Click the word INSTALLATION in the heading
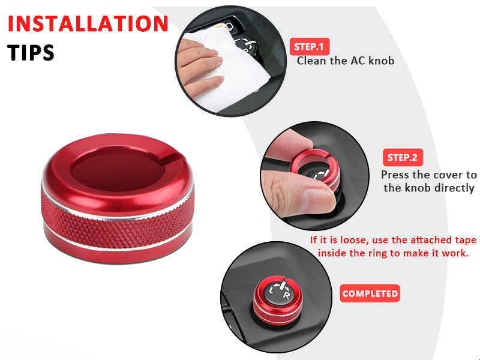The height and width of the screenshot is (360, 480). pos(88,23)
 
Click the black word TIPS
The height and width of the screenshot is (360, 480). pos(31,53)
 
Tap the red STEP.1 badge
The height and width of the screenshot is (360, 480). pos(310,47)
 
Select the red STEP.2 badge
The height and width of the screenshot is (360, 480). pos(403,157)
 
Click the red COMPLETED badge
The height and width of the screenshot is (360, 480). pos(370,293)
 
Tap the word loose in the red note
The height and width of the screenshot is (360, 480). pos(352,239)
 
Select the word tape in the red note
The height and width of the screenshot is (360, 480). pos(465,241)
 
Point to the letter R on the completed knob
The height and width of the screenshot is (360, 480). pos(287,295)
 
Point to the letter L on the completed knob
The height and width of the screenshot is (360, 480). pos(271,290)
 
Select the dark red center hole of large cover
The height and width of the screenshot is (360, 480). pos(118,172)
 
